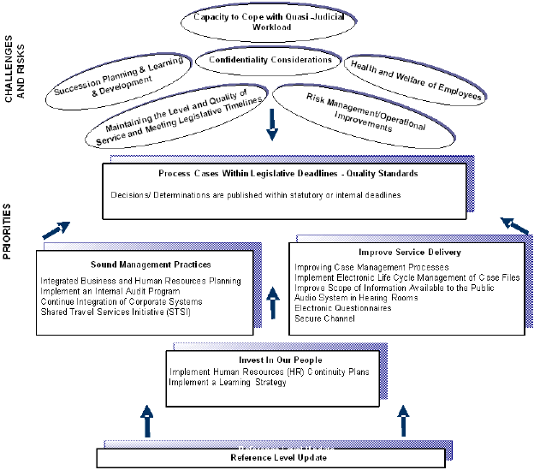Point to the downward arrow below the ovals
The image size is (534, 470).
[x=272, y=125]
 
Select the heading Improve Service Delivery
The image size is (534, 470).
[x=398, y=253]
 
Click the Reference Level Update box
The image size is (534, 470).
[x=270, y=457]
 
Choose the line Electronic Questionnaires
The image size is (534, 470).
[x=343, y=307]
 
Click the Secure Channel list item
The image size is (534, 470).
[x=324, y=318]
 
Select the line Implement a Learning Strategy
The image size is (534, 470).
[x=228, y=382]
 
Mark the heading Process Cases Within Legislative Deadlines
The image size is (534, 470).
[x=288, y=174]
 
